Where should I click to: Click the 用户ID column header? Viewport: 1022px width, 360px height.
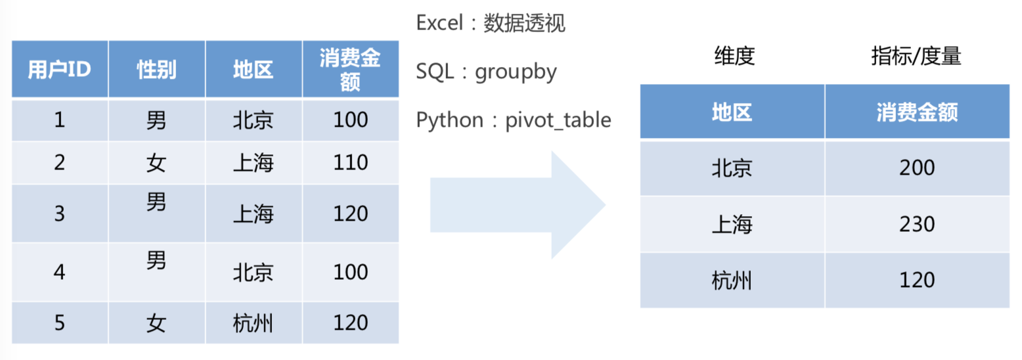coord(60,70)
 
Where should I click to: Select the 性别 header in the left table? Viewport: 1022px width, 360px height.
coord(156,70)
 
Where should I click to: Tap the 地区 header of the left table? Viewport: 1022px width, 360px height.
coord(254,70)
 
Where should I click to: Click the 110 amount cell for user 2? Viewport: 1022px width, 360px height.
coord(350,162)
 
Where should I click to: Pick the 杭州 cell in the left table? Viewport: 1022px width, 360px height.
coord(254,323)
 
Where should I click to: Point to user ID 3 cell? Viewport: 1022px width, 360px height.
coord(60,214)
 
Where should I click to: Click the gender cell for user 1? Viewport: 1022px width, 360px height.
coord(156,120)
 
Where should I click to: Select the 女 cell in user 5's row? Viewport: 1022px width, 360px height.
coord(156,323)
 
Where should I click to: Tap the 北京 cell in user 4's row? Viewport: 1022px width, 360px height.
coord(254,273)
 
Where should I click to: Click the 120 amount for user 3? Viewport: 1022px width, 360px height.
coord(350,214)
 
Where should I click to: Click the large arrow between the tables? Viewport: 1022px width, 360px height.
coord(518,205)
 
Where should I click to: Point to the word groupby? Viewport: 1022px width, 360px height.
coord(516,72)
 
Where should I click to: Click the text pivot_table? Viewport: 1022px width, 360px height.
coord(558,120)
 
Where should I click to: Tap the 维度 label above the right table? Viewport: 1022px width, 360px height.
coord(734,56)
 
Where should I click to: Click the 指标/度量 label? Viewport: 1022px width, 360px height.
coord(916,56)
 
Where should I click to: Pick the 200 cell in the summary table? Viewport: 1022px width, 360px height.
coord(917,168)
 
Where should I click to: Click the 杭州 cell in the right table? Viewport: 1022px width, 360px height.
coord(732,280)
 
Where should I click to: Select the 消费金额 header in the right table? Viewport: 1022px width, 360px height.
coord(917,112)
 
